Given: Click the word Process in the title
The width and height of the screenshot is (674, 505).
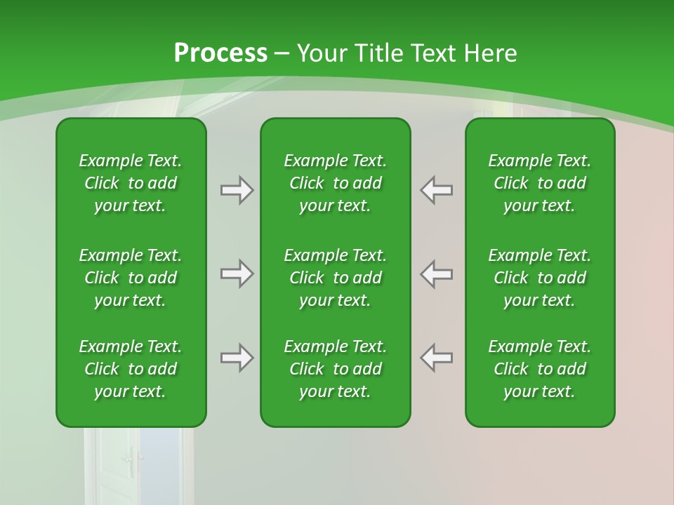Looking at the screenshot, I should pyautogui.click(x=220, y=53).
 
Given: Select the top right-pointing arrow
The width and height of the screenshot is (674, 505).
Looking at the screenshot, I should pyautogui.click(x=237, y=190).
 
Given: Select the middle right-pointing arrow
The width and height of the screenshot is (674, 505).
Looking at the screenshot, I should pyautogui.click(x=237, y=274).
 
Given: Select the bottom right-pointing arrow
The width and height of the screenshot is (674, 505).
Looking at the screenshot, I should pyautogui.click(x=237, y=358).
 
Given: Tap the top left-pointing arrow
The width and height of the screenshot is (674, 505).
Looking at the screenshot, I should pyautogui.click(x=437, y=190).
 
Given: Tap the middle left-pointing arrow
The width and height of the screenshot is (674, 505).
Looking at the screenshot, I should pyautogui.click(x=437, y=274).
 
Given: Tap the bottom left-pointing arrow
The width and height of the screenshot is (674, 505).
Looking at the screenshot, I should pyautogui.click(x=437, y=358).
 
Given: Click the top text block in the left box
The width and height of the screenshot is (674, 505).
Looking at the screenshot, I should pyautogui.click(x=131, y=183).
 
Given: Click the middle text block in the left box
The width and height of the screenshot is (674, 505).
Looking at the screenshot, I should pyautogui.click(x=131, y=278).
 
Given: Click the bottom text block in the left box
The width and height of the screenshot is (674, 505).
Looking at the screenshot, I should pyautogui.click(x=131, y=369).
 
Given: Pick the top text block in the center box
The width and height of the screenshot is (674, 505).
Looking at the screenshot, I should pyautogui.click(x=335, y=183).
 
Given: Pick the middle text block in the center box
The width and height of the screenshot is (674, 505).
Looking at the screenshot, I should pyautogui.click(x=335, y=278).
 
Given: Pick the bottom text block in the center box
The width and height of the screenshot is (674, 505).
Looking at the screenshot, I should pyautogui.click(x=335, y=369).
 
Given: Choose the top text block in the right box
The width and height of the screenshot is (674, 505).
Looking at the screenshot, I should pyautogui.click(x=539, y=183).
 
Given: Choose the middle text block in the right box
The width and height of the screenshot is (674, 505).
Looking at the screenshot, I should pyautogui.click(x=539, y=278).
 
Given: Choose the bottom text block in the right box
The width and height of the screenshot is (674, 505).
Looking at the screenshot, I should pyautogui.click(x=539, y=369).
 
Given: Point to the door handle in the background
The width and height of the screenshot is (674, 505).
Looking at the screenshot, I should pyautogui.click(x=131, y=462).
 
